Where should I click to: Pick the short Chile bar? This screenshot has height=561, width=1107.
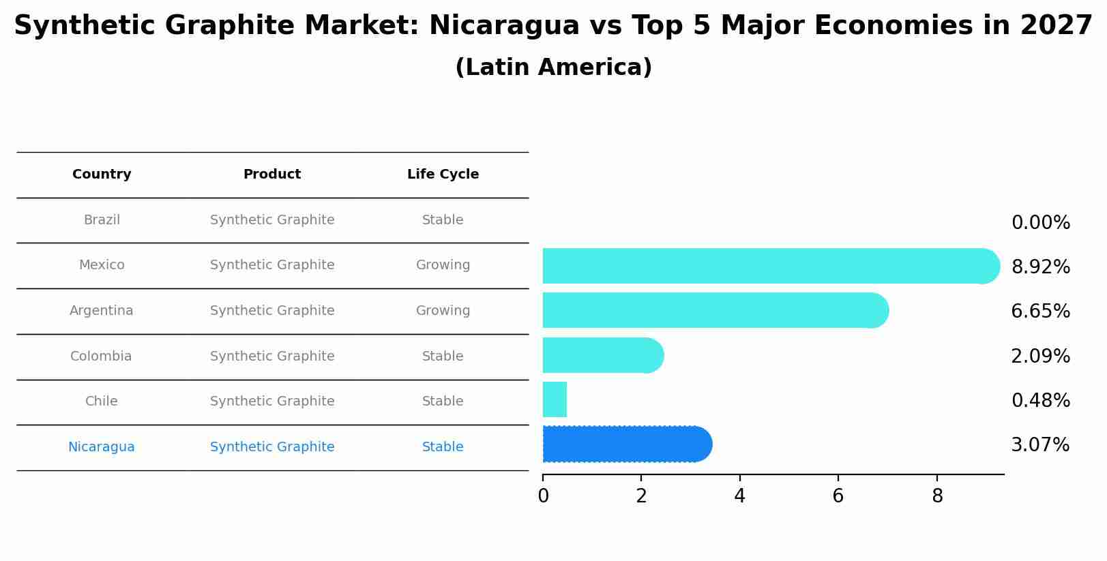[555, 399]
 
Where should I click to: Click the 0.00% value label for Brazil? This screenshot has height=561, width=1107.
[1040, 223]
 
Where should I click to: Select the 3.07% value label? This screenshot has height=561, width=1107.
[1040, 445]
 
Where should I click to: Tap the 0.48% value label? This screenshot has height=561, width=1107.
[1040, 401]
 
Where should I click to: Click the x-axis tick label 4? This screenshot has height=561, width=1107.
[739, 496]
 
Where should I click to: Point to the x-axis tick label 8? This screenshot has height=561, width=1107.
[937, 496]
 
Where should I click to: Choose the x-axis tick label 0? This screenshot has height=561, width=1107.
[543, 496]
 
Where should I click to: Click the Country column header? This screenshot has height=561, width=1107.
[102, 175]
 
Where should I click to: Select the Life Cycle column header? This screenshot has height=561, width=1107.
[443, 175]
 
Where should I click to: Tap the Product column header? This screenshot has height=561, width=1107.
[272, 175]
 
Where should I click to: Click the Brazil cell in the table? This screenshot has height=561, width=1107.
[102, 220]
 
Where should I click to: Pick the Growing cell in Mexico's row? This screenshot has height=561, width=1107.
[443, 265]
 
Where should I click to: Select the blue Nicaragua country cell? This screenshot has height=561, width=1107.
[102, 447]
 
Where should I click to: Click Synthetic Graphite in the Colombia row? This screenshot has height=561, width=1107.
[272, 357]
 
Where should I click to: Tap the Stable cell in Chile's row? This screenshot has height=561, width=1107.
[443, 401]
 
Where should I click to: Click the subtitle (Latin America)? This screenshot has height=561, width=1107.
[553, 67]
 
